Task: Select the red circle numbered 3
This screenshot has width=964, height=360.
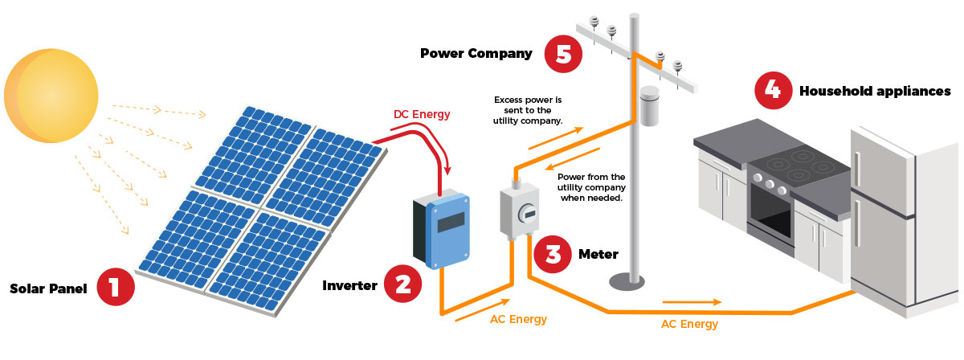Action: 553,254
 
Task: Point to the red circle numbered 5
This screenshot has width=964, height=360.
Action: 562,54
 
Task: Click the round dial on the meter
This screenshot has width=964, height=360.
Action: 527,213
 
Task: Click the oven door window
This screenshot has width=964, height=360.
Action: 769,211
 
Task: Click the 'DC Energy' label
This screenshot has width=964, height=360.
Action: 422,114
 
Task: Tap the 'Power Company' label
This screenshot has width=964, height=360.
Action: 476,54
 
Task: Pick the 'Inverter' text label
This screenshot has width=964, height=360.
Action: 349,285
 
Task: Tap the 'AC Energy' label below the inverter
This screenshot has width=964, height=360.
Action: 518,319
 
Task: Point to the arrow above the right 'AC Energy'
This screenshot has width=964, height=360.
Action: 692,303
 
